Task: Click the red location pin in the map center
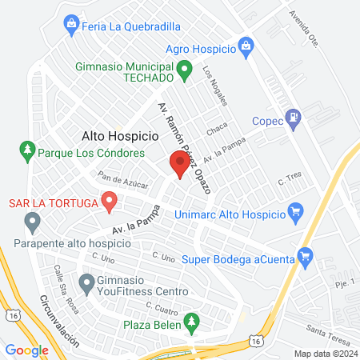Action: (179, 164)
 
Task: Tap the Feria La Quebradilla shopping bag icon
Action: (71, 25)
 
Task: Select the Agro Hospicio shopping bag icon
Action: (246, 48)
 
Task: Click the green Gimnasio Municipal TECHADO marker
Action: (183, 70)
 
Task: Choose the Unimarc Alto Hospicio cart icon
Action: (295, 213)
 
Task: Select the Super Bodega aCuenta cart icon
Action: (304, 257)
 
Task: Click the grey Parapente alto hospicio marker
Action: (32, 220)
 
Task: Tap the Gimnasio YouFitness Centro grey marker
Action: (86, 282)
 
